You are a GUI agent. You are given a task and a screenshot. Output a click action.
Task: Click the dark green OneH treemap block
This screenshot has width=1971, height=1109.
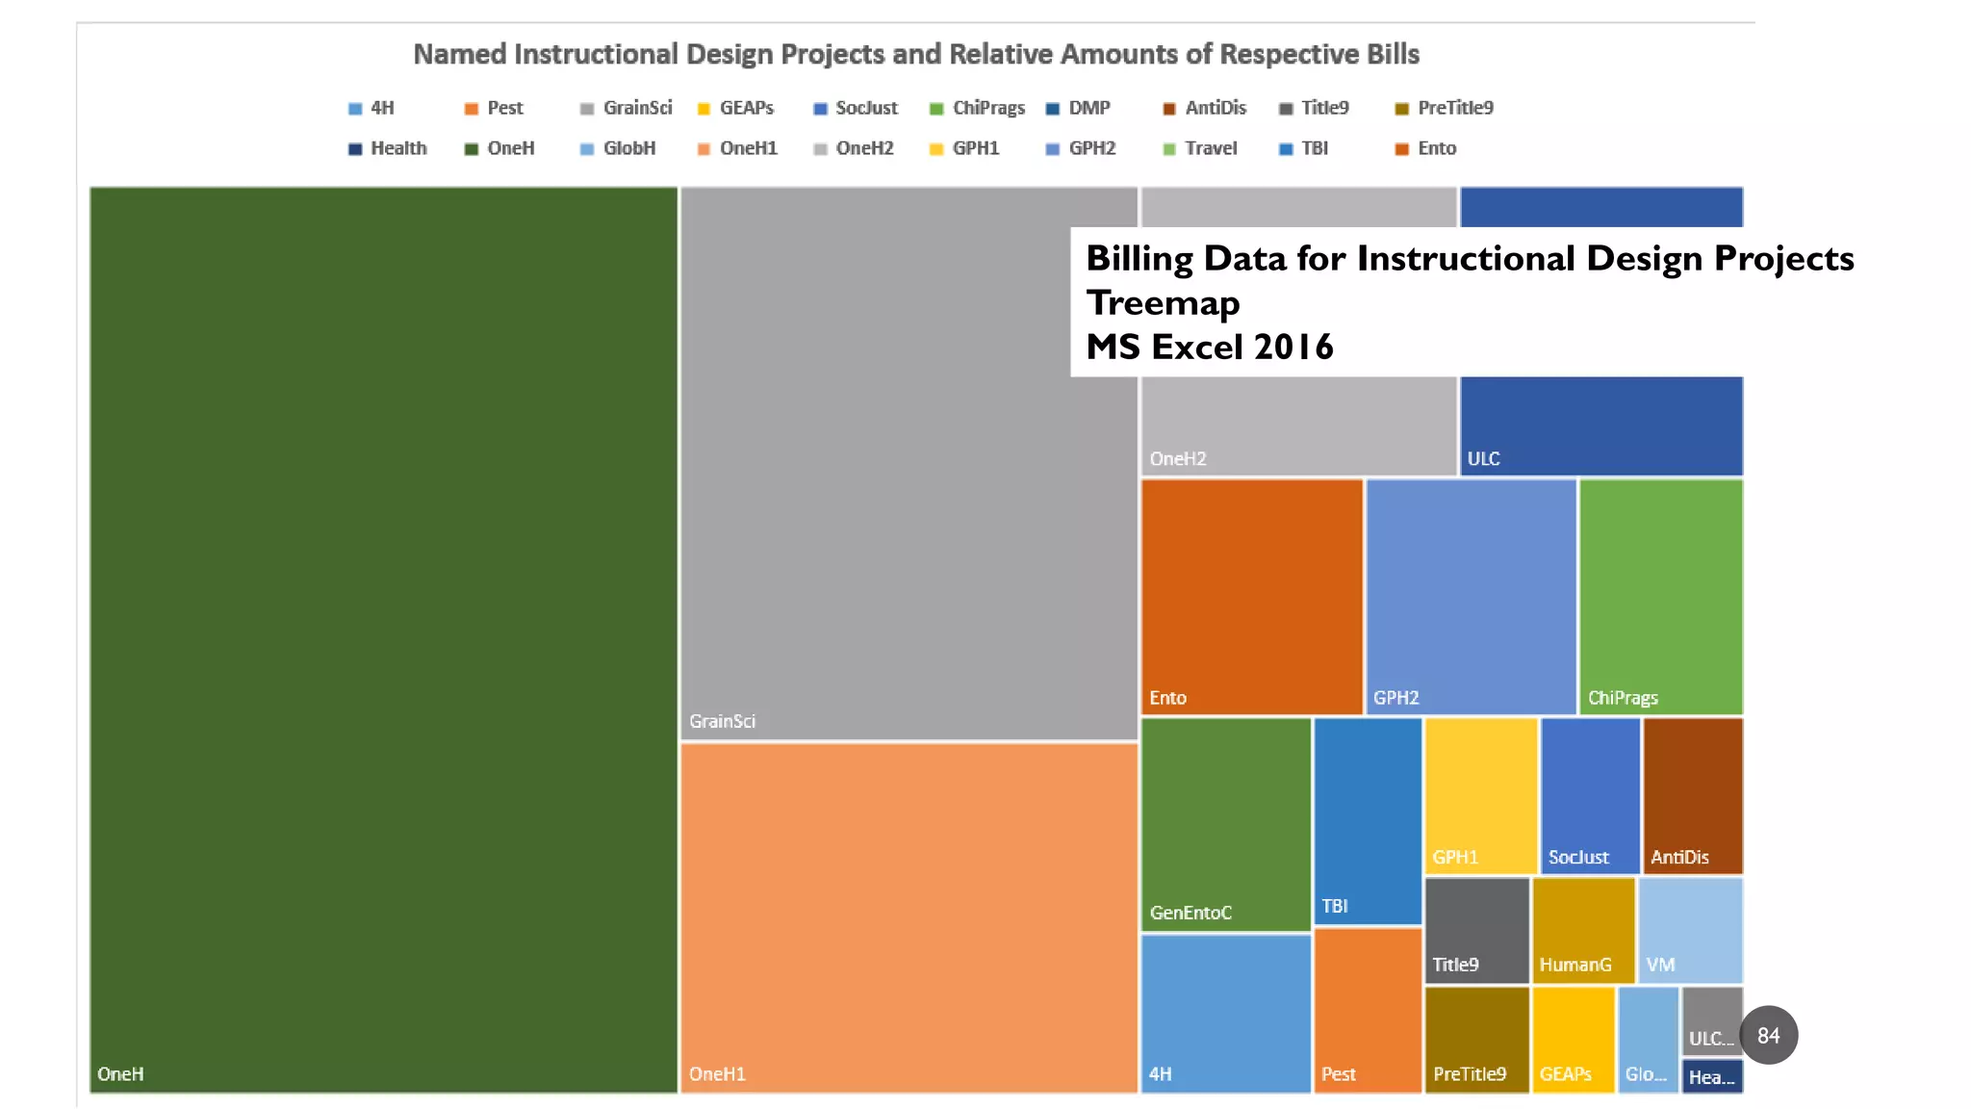(x=383, y=639)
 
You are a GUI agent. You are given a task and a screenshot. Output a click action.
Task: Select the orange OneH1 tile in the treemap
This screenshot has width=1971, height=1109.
(x=909, y=916)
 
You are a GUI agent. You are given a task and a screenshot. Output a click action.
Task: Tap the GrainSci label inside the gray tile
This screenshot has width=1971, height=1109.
(x=722, y=721)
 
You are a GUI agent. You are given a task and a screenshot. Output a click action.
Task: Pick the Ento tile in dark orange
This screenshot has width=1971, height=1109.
(x=1251, y=597)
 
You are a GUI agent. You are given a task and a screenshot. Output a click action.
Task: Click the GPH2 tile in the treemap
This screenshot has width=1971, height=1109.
(x=1471, y=597)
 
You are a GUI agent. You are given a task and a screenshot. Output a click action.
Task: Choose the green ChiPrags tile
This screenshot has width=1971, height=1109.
(x=1661, y=597)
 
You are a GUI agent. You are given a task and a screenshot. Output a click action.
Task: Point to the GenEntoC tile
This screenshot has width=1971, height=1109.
(x=1225, y=824)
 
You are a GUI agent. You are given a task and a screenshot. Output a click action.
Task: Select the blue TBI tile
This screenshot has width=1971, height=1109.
(x=1368, y=820)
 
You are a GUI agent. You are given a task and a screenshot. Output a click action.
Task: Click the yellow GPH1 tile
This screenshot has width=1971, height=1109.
(x=1480, y=795)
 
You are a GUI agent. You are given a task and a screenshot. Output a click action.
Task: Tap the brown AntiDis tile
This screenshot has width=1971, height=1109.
(x=1693, y=795)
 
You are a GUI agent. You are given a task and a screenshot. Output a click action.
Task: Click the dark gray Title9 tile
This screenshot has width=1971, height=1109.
(x=1476, y=930)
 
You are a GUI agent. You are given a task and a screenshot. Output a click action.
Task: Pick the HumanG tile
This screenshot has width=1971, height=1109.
(x=1583, y=930)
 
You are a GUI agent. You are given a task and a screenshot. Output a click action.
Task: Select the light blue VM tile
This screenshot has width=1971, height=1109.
(x=1690, y=930)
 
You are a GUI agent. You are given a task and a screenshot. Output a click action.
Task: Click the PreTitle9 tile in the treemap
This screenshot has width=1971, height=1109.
(x=1476, y=1040)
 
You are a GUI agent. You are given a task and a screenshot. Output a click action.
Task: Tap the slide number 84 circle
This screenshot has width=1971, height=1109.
(x=1768, y=1036)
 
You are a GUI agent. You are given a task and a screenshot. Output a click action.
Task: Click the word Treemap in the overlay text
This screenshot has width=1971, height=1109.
(x=1163, y=302)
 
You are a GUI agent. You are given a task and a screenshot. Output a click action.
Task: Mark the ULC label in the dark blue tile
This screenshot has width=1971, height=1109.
(x=1483, y=458)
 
